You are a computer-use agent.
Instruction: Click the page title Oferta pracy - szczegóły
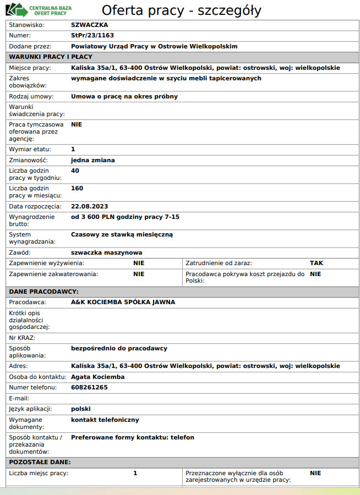(182, 10)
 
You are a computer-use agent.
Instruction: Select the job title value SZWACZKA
(89, 25)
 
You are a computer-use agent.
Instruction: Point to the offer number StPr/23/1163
(92, 35)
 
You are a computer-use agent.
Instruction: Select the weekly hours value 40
(75, 170)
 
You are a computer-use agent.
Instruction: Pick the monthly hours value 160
(77, 188)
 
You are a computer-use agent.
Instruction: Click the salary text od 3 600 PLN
(95, 217)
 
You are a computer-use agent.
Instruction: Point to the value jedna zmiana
(92, 160)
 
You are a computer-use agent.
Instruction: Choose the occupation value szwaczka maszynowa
(106, 252)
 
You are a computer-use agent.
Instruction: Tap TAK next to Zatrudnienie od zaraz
(317, 263)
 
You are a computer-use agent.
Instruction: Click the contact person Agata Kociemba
(97, 377)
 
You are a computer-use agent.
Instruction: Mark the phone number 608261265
(89, 387)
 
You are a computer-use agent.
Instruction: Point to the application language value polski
(80, 409)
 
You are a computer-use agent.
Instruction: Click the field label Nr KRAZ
(22, 337)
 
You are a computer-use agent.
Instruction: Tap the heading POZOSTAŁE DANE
(40, 461)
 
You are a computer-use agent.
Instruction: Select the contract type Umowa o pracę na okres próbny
(124, 96)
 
